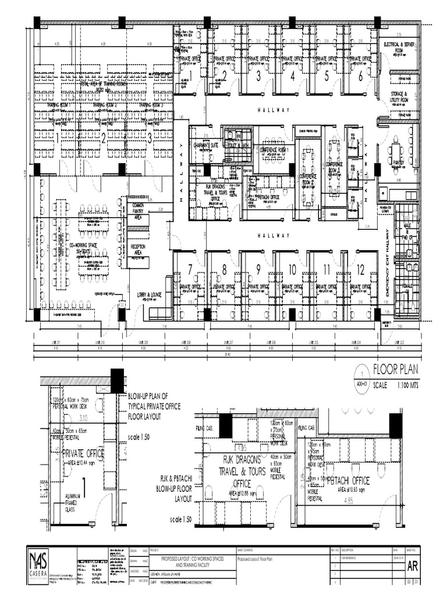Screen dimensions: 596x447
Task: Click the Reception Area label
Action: [x=138, y=250]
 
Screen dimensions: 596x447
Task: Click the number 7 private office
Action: [x=190, y=268]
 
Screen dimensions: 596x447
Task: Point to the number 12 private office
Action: [x=361, y=269]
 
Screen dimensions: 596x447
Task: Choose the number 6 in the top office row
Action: [x=360, y=76]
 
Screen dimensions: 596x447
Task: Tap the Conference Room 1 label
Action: [x=276, y=150]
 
